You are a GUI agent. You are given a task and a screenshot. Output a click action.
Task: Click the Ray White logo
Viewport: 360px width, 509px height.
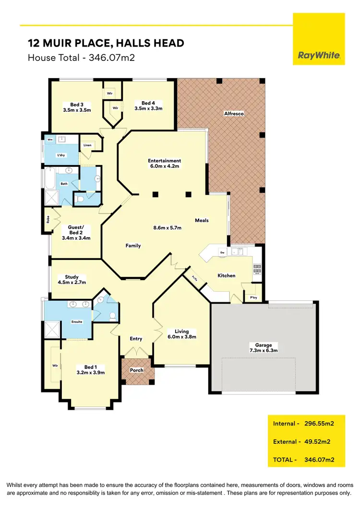point(319,56)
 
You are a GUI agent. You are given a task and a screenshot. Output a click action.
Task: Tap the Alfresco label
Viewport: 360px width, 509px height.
point(234,113)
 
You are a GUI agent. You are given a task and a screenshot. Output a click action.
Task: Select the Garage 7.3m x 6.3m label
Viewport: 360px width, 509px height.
point(264,348)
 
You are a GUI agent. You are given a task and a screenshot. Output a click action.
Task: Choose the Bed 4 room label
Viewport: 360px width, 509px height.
point(148,103)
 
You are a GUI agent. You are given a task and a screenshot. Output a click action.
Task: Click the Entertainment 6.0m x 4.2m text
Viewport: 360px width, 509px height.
point(164,164)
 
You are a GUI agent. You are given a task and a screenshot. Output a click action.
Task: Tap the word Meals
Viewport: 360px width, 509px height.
point(202,220)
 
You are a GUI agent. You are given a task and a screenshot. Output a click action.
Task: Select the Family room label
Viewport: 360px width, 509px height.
point(133,246)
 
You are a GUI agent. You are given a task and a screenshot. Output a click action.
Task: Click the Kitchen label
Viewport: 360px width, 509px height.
point(227,275)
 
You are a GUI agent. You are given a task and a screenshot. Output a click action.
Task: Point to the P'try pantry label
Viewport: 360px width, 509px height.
point(253,297)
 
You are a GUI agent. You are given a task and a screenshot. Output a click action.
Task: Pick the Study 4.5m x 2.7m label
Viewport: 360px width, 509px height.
point(72,280)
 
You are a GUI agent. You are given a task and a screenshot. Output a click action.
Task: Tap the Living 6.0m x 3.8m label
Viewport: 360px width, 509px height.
point(182,334)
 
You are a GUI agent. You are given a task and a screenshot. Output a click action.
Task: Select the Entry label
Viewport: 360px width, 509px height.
point(136,339)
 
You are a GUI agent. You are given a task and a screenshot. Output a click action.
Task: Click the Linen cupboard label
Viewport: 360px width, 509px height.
point(87,145)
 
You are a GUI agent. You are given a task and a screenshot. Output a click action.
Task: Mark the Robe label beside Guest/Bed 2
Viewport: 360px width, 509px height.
point(48,220)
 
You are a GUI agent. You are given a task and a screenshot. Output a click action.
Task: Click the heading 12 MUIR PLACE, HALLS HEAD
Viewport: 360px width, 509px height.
point(106,43)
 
